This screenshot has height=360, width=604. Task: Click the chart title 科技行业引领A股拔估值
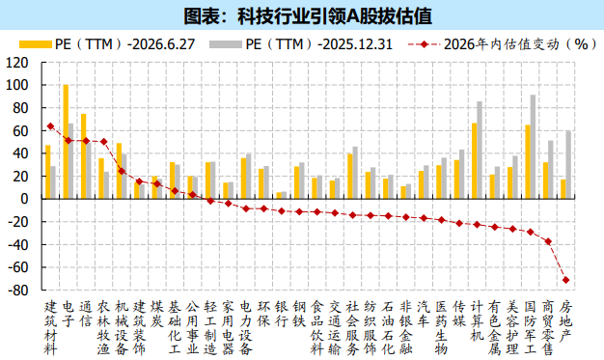point(308,16)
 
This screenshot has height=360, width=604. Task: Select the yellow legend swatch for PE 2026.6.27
point(36,44)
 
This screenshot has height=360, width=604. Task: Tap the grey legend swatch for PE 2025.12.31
point(226,44)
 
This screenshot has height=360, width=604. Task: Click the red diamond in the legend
point(425,44)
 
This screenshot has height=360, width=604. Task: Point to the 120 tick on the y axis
point(17,63)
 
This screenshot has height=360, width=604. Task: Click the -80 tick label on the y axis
point(18,290)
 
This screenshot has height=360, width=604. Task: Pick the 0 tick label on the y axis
point(25,199)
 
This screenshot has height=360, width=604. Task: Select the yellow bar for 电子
point(66,142)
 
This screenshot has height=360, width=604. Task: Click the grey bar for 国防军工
point(533,147)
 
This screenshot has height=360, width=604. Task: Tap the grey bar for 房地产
point(568,165)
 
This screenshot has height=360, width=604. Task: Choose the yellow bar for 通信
point(84,156)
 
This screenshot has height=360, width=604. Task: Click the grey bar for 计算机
point(480,150)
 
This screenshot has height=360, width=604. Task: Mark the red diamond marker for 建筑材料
point(50,126)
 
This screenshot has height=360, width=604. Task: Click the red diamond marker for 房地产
point(565,280)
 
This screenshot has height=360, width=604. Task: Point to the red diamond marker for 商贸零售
point(548,241)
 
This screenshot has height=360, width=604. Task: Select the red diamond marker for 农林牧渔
point(103,142)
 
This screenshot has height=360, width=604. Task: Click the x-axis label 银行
point(282,314)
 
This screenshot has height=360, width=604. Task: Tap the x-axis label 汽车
point(424,314)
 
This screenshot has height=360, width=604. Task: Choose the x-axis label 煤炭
point(157,314)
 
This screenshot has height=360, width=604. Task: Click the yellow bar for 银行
point(279,195)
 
